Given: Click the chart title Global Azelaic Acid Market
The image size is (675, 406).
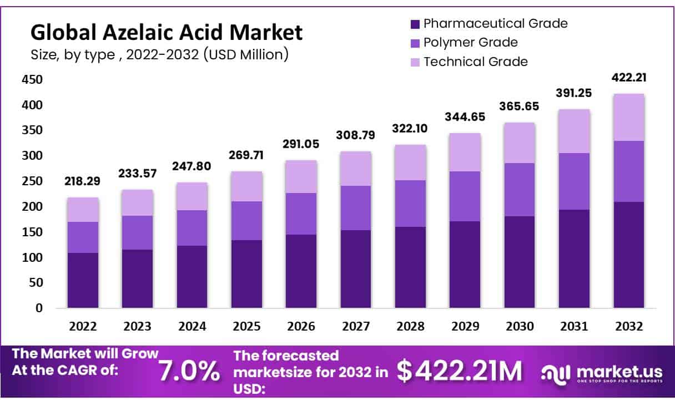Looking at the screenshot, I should [166, 33].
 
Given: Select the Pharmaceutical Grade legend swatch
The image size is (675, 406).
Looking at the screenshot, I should [415, 24].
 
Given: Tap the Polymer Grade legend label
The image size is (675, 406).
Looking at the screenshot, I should [470, 43].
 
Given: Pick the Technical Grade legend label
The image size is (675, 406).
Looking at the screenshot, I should [475, 62].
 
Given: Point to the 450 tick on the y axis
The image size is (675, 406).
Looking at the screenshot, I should [32, 80].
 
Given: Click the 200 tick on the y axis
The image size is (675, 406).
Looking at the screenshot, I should [32, 207].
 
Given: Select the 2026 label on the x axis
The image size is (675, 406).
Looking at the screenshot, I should [301, 327].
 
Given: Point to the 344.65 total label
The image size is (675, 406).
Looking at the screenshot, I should [465, 118].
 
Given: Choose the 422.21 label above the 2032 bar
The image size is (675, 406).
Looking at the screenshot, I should [629, 78].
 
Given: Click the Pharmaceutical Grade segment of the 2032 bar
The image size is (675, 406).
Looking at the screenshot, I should [629, 255].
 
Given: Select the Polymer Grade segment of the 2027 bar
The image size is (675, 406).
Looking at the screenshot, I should [356, 208].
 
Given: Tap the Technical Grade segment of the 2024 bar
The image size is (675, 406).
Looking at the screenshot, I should [192, 196].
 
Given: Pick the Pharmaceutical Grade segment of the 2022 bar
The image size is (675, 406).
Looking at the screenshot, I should [83, 280].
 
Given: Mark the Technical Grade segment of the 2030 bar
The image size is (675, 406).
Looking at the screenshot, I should [520, 143].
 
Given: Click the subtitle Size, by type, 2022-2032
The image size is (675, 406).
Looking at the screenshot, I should [159, 55].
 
